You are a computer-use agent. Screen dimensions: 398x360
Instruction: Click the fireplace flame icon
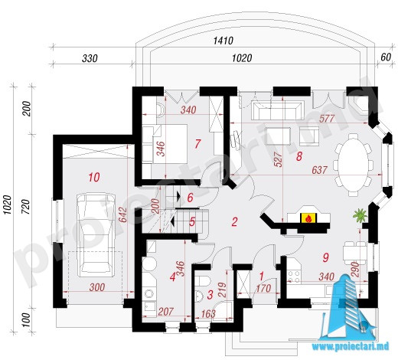click(x=308, y=218)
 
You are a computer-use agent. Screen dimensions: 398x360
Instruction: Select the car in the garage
click(x=96, y=235)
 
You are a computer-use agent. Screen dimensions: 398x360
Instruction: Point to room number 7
click(x=197, y=144)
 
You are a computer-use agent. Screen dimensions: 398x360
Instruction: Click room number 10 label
click(x=94, y=177)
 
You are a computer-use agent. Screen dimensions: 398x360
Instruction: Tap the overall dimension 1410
click(x=223, y=41)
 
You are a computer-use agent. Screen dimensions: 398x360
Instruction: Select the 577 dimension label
click(x=327, y=119)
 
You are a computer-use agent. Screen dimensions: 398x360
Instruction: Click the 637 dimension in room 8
click(x=319, y=170)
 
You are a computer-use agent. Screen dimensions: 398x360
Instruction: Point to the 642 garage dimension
click(x=122, y=215)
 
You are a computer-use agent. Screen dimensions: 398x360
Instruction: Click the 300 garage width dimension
click(x=97, y=287)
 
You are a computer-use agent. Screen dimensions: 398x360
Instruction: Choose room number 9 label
click(x=326, y=257)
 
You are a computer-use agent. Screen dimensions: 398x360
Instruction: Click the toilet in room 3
click(x=202, y=281)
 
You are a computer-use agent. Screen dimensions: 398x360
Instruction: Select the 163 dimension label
click(x=208, y=314)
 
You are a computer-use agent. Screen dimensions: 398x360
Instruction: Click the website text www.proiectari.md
click(x=351, y=346)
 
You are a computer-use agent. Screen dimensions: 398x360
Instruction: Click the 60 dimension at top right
click(x=386, y=57)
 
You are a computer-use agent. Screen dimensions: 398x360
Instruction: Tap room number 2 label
click(x=234, y=221)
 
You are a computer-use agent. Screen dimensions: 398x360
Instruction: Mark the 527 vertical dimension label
click(x=279, y=159)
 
